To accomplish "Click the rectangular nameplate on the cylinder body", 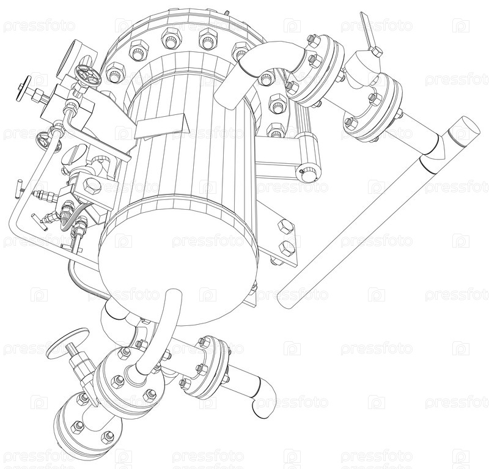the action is [x=162, y=127].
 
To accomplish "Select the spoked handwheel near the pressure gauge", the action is [x=87, y=75].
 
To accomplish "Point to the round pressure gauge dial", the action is [x=67, y=59].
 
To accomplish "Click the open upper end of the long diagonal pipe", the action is [x=463, y=131].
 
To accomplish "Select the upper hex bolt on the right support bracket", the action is [x=284, y=226].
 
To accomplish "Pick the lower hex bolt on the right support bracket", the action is [x=287, y=248].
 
